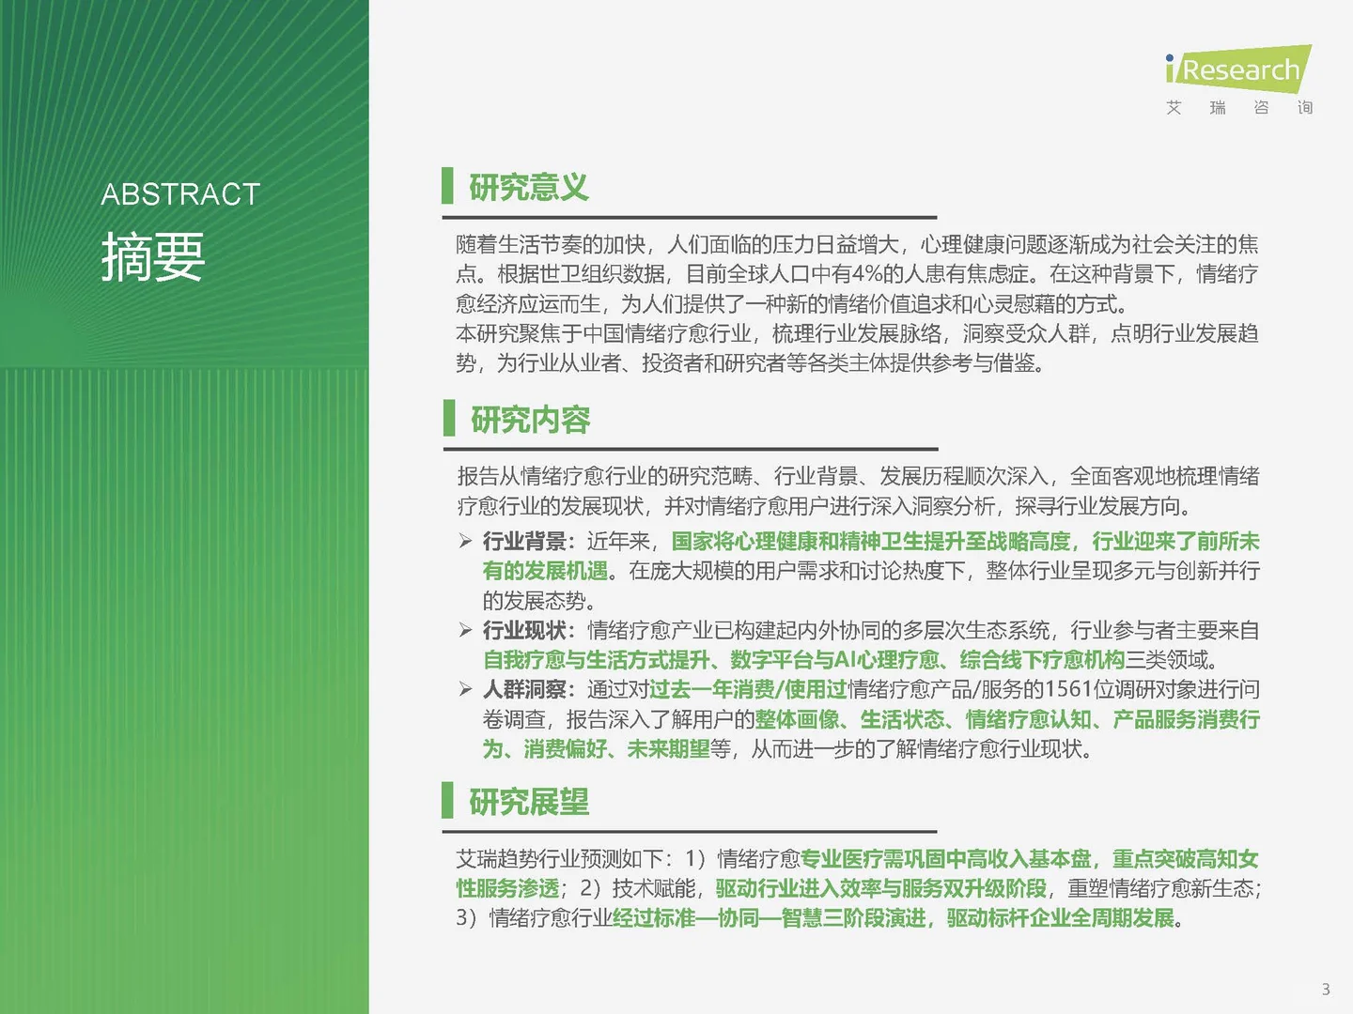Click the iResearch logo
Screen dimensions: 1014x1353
(x=1237, y=69)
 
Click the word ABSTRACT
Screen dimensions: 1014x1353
(x=180, y=194)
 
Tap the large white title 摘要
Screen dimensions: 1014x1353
(x=153, y=256)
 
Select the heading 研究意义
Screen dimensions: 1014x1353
(x=529, y=188)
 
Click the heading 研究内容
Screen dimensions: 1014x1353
(x=530, y=420)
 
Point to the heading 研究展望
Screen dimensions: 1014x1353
(x=529, y=802)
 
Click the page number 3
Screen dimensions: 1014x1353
(x=1326, y=989)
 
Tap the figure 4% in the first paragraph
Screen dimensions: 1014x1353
(x=867, y=274)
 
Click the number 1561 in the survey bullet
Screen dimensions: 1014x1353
(x=1068, y=690)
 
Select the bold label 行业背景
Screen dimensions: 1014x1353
(x=524, y=542)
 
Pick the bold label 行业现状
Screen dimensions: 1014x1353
(x=524, y=630)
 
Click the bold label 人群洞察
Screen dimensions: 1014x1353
(x=524, y=690)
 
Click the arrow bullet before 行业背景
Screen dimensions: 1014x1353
(x=465, y=541)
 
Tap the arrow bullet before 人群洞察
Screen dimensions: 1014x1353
(x=465, y=690)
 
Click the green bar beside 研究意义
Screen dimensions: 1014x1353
(x=448, y=186)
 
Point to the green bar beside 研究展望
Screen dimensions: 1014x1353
(x=448, y=800)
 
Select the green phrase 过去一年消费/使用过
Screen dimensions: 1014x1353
(x=748, y=690)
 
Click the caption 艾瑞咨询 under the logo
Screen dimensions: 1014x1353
(x=1238, y=108)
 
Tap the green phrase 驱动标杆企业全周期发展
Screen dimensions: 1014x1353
(x=1060, y=918)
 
